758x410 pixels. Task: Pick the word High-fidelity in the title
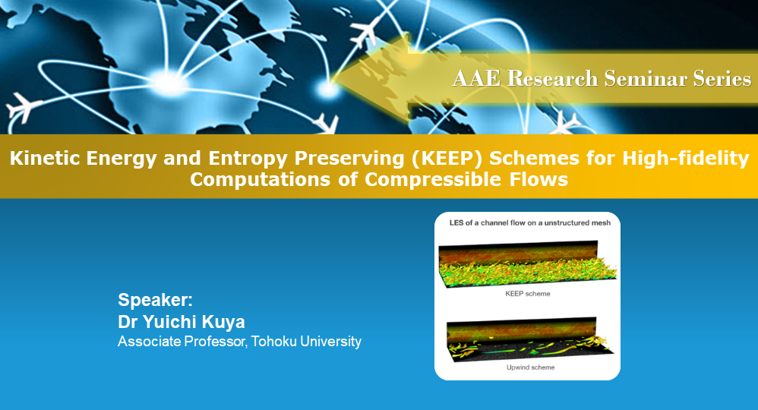coord(686,159)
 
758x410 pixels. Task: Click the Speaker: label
coord(155,300)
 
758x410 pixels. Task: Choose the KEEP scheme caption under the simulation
coord(527,294)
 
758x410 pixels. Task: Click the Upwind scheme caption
coord(530,367)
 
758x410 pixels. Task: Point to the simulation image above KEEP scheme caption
coord(528,264)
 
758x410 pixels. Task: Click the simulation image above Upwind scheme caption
coord(530,339)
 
